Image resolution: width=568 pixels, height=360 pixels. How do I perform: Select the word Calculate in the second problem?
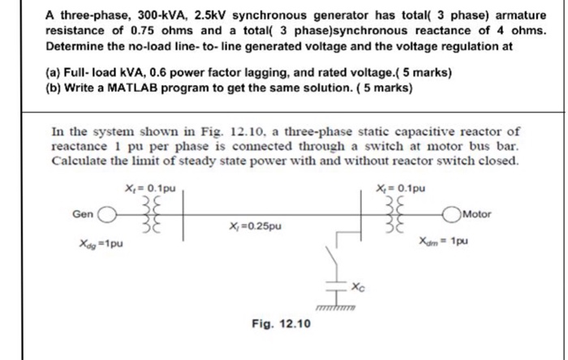coord(79,160)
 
